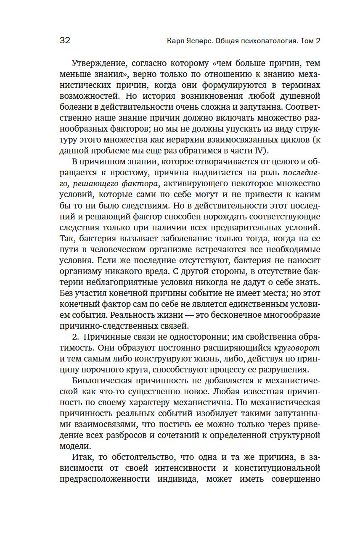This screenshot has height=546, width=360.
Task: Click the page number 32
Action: point(65,41)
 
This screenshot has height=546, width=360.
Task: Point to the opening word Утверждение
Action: point(99,64)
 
